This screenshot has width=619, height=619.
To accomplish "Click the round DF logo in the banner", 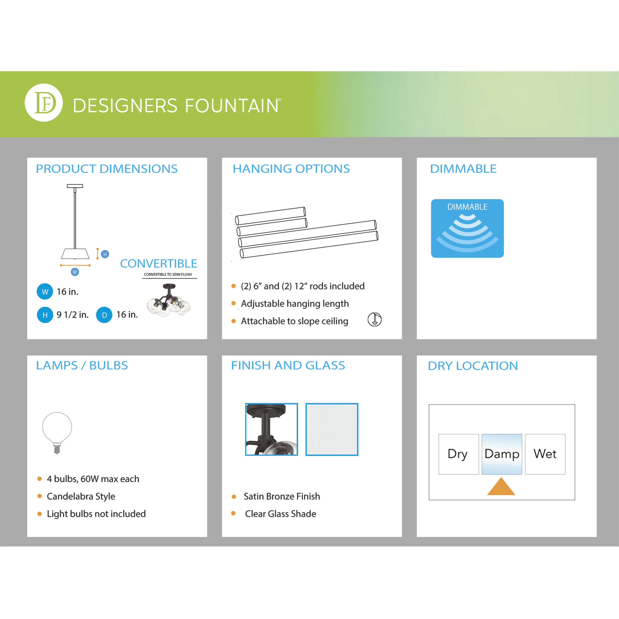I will [44, 102].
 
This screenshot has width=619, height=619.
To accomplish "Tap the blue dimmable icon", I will [467, 228].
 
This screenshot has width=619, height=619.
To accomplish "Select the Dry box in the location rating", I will [458, 454].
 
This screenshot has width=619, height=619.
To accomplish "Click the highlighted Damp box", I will [502, 454].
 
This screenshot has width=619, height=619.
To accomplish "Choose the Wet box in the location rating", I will [545, 454].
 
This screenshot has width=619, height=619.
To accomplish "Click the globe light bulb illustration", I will [57, 432].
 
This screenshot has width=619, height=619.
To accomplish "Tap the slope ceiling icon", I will [374, 319].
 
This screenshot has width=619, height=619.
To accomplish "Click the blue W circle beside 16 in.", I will [45, 292].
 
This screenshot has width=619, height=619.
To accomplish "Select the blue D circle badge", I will [104, 315].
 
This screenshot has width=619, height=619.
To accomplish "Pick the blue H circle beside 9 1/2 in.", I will [45, 315].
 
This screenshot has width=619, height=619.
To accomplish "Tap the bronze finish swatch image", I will [271, 429].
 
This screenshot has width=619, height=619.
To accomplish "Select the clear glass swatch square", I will [331, 429].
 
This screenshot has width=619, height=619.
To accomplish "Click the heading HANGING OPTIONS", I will [291, 169].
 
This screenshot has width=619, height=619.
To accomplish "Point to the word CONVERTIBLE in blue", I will [158, 263].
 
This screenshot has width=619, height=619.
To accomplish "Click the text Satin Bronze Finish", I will [282, 496].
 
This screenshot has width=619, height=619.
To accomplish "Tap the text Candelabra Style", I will [81, 496].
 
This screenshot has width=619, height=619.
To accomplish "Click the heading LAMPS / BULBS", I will [82, 365].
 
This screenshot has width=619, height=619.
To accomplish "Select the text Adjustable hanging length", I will [295, 303].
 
